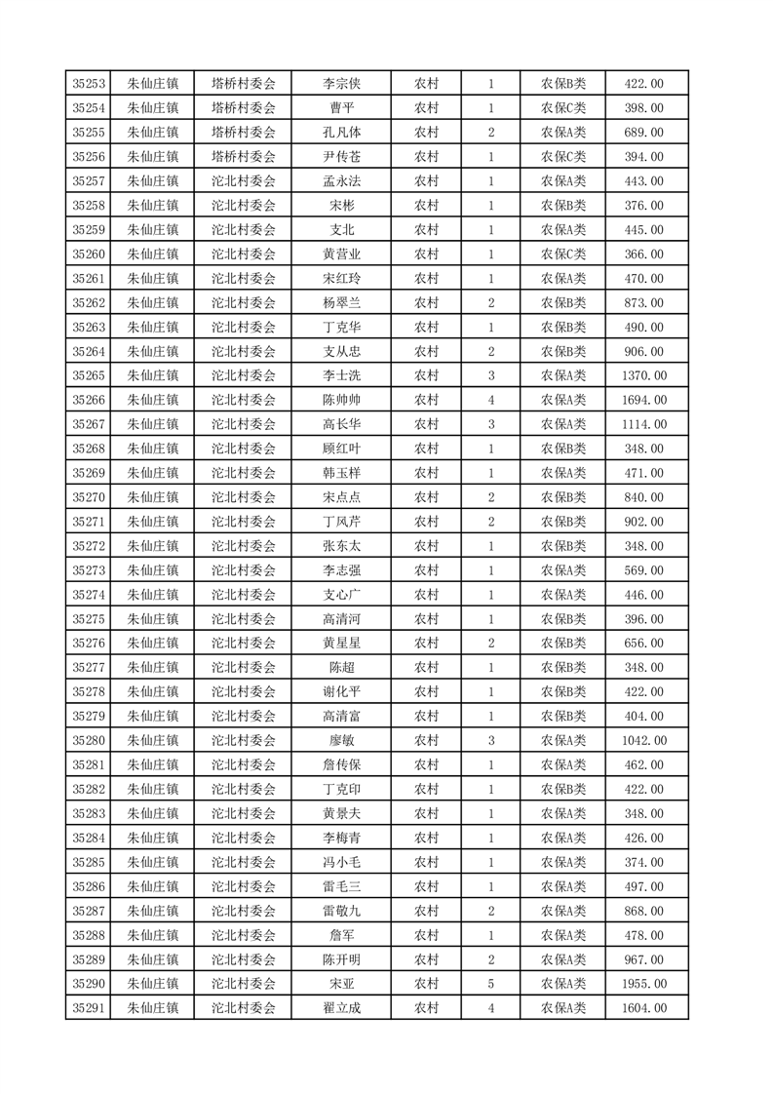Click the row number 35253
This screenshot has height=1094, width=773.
(x=89, y=84)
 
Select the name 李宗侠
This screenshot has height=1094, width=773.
(x=341, y=84)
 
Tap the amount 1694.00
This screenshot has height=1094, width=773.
(x=643, y=400)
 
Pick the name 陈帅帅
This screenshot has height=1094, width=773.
(x=341, y=400)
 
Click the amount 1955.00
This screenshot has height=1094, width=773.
(x=643, y=984)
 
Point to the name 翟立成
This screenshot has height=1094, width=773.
(x=341, y=1008)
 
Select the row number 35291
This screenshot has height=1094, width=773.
(x=89, y=1008)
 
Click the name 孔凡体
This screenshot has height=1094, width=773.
(x=341, y=133)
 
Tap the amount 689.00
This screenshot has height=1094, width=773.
(x=643, y=133)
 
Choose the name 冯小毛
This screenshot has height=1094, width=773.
(x=341, y=862)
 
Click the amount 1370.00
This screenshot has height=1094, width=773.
(x=643, y=375)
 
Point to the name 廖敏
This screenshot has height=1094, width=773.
(x=341, y=740)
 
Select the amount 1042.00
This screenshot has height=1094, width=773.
(x=643, y=740)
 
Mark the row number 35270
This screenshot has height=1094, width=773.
(x=89, y=497)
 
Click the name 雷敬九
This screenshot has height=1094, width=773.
(x=341, y=911)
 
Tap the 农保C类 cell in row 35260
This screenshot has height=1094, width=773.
(x=563, y=254)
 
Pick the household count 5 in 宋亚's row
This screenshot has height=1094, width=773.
(x=490, y=984)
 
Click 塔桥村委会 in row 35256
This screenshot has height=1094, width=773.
(x=244, y=157)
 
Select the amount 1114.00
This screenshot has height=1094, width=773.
(x=643, y=424)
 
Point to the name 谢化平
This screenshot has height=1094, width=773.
(x=341, y=691)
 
